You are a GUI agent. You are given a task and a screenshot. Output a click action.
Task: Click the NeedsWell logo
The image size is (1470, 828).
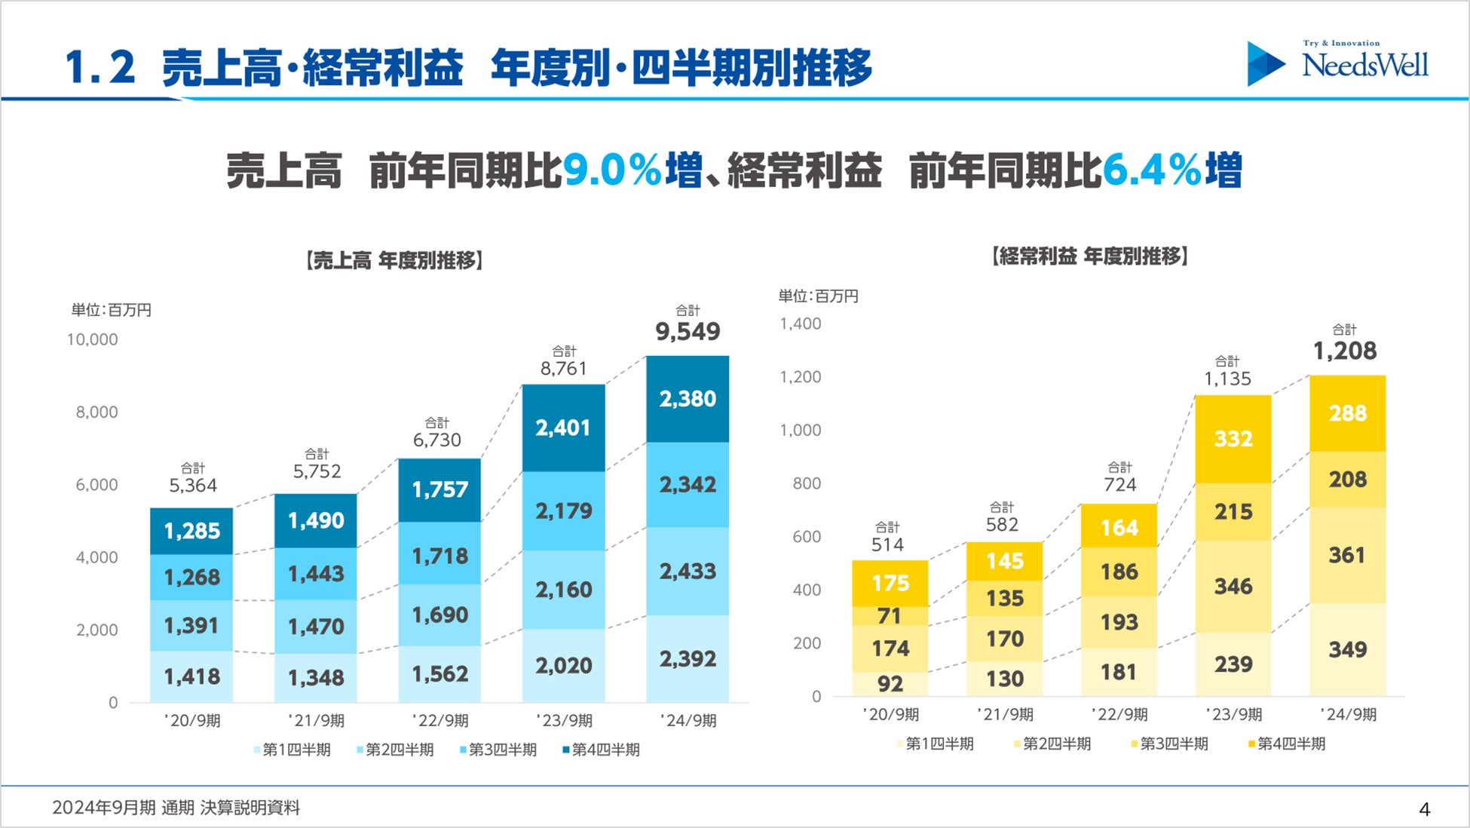click(x=1338, y=63)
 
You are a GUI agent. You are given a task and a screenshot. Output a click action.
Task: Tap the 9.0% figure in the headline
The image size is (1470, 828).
click(x=611, y=170)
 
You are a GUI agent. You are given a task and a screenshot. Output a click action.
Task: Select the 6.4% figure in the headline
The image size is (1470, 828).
click(x=1151, y=170)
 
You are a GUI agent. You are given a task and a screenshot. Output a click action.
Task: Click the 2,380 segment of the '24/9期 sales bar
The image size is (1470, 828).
click(x=688, y=399)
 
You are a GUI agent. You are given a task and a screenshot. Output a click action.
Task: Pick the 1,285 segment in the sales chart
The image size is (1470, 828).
click(x=191, y=531)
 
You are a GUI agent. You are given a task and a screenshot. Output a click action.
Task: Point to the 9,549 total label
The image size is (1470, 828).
click(x=688, y=331)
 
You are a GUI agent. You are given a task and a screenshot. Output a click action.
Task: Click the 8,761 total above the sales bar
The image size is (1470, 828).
click(x=563, y=369)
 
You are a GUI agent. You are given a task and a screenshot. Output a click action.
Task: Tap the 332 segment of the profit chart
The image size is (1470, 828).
click(x=1233, y=438)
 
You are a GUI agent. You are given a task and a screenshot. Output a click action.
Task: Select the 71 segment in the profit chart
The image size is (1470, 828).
click(x=890, y=616)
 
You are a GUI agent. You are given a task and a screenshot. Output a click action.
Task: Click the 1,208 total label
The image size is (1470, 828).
click(x=1345, y=351)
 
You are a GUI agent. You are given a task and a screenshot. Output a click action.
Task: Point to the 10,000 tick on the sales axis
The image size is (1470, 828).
click(x=93, y=339)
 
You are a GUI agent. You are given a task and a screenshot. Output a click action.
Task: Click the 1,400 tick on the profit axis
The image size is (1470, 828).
click(x=801, y=324)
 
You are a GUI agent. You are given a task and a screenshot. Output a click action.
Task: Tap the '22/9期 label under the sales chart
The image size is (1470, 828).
click(x=440, y=720)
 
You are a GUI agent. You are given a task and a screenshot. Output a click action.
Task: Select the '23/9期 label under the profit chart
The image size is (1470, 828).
click(x=1233, y=714)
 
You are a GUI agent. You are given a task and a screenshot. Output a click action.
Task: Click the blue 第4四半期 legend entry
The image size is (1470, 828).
click(x=602, y=750)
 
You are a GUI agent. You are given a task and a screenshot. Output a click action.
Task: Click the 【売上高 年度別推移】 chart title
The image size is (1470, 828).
click(x=394, y=261)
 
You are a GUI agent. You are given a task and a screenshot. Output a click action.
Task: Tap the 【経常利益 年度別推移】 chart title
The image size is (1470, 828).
click(x=1090, y=256)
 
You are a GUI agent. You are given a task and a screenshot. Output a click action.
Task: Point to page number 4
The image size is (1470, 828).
click(x=1424, y=809)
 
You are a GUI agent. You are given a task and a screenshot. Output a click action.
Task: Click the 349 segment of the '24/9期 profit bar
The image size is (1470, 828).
click(x=1347, y=649)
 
